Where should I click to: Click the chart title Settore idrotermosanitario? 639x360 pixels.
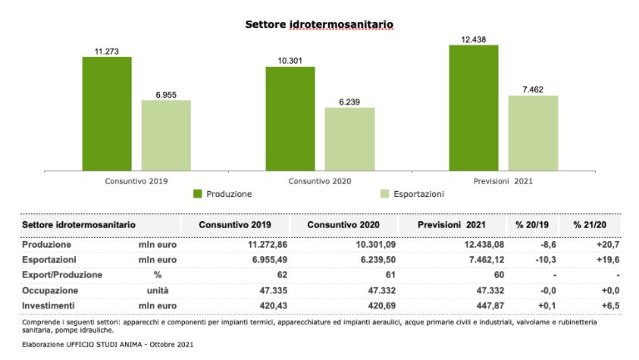pos(319,25)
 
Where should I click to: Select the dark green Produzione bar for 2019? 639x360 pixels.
pos(107,114)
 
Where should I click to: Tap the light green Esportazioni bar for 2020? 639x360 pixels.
pos(349,139)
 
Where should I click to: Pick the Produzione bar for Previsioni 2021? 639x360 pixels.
pos(473,108)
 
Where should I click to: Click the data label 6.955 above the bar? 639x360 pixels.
pos(166,94)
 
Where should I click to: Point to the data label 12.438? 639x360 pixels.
pos(473,39)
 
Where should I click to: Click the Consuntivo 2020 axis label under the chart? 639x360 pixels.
pos(319,182)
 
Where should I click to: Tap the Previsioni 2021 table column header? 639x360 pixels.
pos(451,226)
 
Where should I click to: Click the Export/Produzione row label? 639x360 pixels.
pos(63,274)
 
